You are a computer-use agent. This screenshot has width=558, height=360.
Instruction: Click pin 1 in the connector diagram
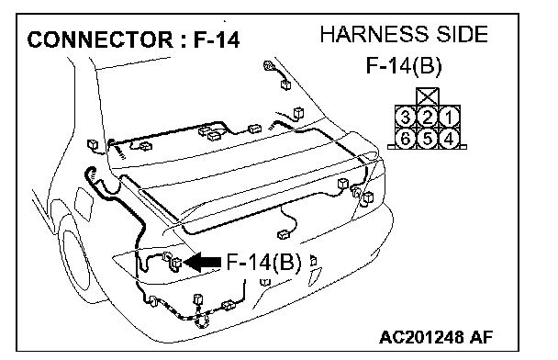[449, 117]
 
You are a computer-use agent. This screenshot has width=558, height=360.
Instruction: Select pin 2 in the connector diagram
[428, 117]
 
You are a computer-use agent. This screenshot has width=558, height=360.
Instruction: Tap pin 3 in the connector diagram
[406, 117]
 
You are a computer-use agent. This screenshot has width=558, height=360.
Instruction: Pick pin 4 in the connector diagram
[449, 139]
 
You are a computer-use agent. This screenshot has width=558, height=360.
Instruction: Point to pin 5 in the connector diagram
[428, 139]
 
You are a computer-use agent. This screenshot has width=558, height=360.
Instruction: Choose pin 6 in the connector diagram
[406, 139]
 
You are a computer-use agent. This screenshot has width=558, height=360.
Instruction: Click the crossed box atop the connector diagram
[428, 96]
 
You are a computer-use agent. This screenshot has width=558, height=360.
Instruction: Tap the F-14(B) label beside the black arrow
[263, 263]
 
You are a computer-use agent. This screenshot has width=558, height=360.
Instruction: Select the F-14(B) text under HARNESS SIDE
[404, 66]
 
